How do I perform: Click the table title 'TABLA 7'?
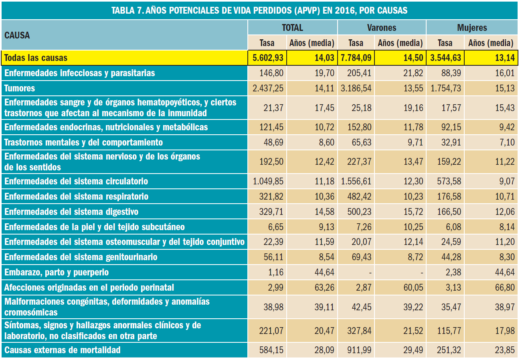tap(259, 10)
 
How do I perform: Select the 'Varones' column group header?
tap(381, 28)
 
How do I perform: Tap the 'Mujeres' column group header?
tap(471, 28)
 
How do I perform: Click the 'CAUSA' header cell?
tap(17, 35)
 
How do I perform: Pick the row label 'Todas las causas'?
tap(36, 58)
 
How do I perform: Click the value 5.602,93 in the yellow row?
tap(268, 58)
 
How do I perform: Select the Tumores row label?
tap(20, 88)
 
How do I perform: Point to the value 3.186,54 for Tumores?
tap(356, 88)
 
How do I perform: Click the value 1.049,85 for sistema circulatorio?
tap(268, 181)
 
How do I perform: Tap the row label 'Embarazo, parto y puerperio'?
tap(57, 272)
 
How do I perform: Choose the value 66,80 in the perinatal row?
tap(504, 287)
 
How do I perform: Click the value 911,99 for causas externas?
tap(359, 350)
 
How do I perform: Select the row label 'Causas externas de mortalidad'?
tap(62, 350)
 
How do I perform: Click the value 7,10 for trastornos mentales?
tap(507, 142)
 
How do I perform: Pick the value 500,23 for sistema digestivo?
tap(359, 212)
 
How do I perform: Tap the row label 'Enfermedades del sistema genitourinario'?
tap(81, 257)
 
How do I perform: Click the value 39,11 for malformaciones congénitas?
tap(324, 306)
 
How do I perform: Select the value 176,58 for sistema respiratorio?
tap(448, 196)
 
